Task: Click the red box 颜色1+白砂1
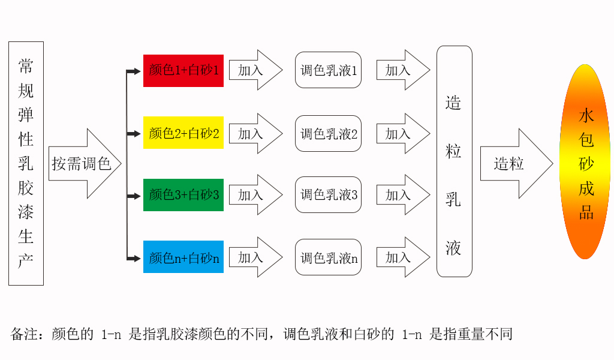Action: pos(183,71)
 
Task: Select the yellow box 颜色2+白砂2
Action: pos(183,133)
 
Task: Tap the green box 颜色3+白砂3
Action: pos(183,195)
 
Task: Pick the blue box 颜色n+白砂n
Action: pos(183,257)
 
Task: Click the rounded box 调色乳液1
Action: pos(329,70)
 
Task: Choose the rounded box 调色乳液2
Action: pos(329,133)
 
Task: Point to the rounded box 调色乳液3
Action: pos(329,194)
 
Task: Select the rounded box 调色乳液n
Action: pos(329,257)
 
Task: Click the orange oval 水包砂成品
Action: pos(585,162)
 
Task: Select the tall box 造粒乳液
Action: pos(454,162)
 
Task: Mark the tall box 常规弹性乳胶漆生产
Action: pos(26,163)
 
